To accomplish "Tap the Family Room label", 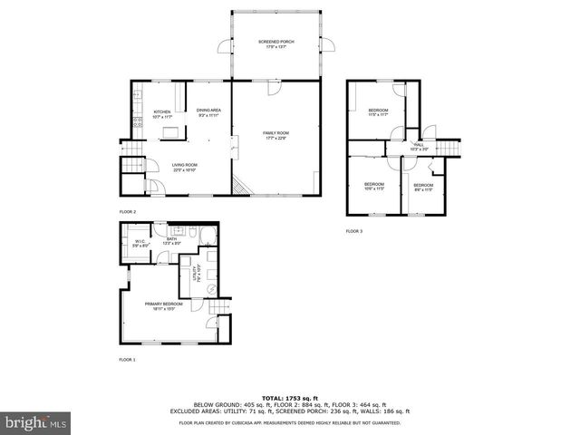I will coord(275,136).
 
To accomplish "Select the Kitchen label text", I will coord(161,113).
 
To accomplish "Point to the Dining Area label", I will coord(208,112).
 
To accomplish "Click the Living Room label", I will coord(185,167).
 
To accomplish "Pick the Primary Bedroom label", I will coord(163,306).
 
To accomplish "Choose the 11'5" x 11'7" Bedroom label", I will coord(378,112).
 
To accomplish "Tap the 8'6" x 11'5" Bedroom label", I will coord(424,187).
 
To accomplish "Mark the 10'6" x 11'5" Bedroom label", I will coord(374,187).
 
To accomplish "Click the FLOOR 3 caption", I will coord(354,232).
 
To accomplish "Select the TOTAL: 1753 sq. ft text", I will coord(286,398).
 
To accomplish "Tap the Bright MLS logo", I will coord(36,422).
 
